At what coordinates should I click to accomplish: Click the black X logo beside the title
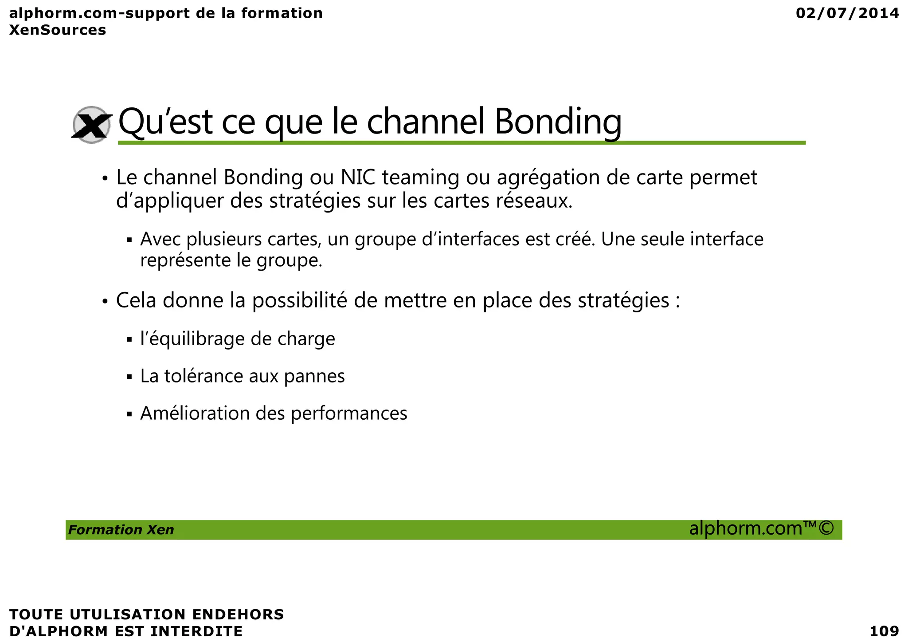pos(91,125)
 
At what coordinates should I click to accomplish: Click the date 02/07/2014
pos(847,13)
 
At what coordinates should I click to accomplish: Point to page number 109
pos(884,631)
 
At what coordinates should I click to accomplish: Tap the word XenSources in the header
pos(58,30)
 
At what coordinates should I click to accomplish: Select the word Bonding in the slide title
pos(558,122)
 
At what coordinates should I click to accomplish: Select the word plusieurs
pos(224,240)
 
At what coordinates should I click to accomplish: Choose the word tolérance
pos(204,376)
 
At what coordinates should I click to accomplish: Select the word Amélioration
pos(195,414)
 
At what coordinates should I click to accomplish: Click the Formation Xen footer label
pos(121,530)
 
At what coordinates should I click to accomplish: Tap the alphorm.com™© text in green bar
pos(761,529)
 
